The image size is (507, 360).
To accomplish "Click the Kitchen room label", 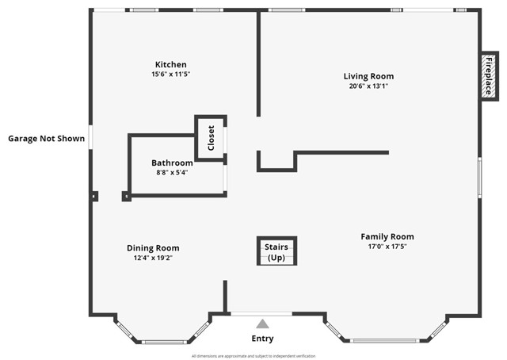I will coord(170,64).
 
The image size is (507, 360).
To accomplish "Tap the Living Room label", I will coord(368,76).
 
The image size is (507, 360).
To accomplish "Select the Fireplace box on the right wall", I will coord(489,76).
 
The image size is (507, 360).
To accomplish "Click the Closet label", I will coord(211,138).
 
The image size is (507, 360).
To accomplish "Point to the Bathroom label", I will coord(172,163).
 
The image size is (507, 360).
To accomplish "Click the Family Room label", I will coord(387,236).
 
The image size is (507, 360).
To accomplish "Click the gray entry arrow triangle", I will coord(262,324).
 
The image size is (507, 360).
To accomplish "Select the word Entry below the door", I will coord(262,339).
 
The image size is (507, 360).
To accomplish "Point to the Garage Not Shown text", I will coord(46,138).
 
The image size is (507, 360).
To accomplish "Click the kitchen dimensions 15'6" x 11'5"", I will coord(170,74).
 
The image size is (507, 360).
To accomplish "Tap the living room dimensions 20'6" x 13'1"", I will coord(368,86).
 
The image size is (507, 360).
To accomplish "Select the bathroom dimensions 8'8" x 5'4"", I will coord(172,172).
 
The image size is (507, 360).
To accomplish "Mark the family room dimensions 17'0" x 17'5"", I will coord(387,246).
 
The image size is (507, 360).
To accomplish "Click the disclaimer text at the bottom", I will coord(253,356).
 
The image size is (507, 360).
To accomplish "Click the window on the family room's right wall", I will coord(479,177).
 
